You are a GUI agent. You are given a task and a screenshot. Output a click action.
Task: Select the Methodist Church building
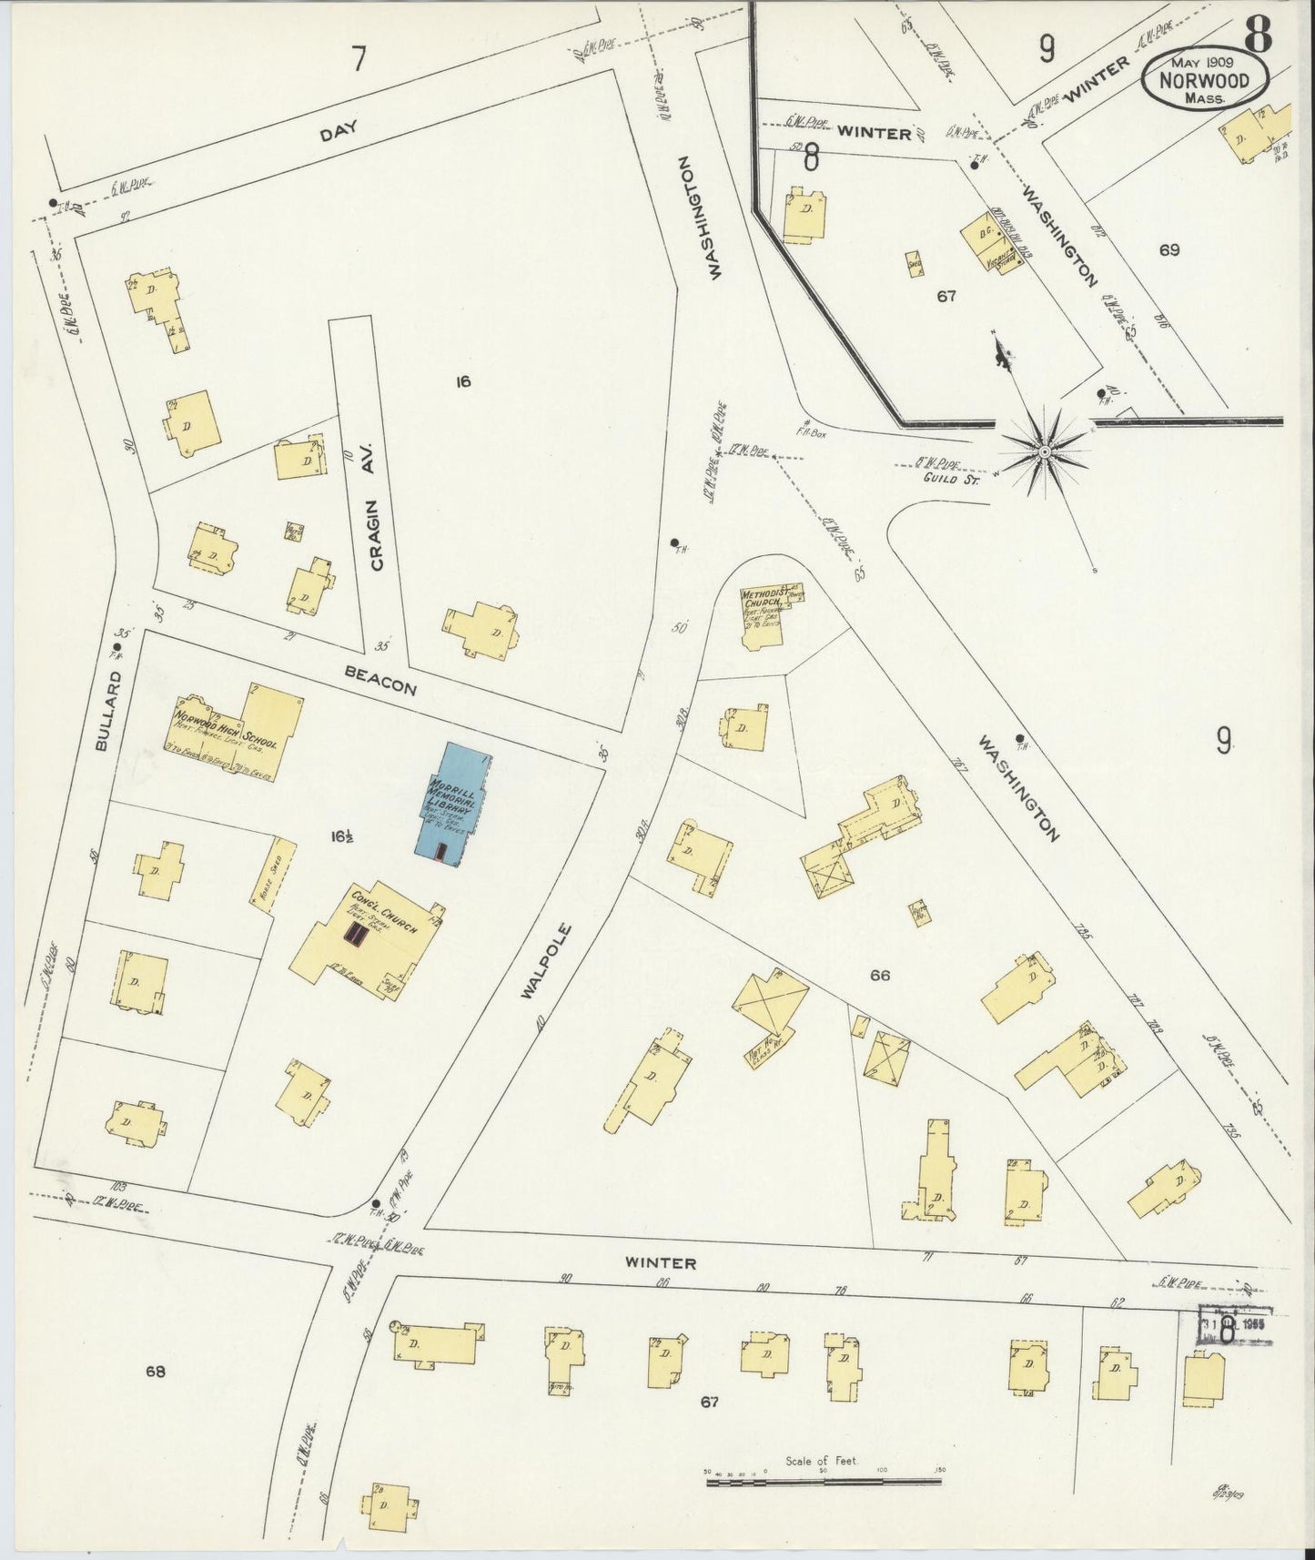[764, 615]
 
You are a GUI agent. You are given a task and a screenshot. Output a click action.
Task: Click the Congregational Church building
[369, 942]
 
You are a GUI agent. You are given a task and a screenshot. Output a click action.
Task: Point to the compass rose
[1046, 450]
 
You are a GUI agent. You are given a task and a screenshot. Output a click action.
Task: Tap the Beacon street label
[380, 680]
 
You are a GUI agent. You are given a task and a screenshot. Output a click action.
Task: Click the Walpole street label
[546, 963]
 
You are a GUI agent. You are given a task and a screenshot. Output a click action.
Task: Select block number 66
[879, 976]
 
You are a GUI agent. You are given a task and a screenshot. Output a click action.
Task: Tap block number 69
[1169, 249]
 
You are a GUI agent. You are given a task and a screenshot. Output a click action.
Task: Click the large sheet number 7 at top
[359, 58]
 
